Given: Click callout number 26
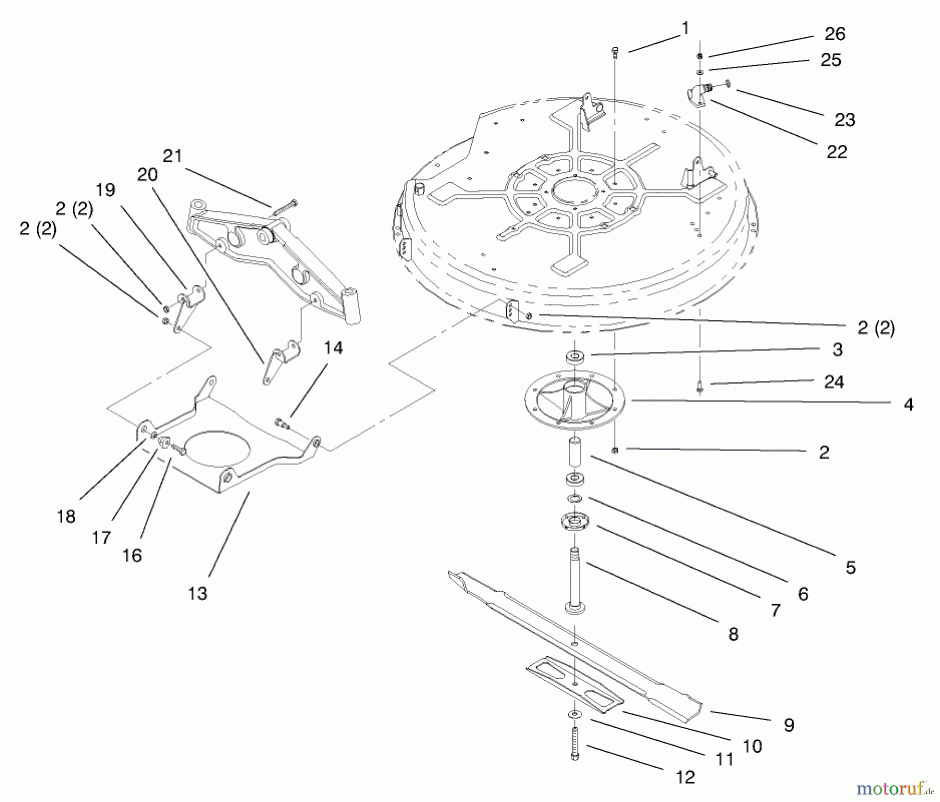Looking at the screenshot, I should click(834, 34).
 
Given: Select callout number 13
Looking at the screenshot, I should click(198, 593).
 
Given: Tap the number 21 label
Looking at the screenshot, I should click(172, 156).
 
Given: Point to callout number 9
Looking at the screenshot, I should click(789, 724).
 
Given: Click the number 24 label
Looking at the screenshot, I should click(833, 382).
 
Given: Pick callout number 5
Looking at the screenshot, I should click(850, 567).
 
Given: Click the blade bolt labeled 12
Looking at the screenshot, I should click(575, 745).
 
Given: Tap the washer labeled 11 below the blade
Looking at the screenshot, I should click(575, 713).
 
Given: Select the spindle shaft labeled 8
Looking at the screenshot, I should click(574, 579).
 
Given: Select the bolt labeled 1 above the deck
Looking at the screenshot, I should click(616, 51).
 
